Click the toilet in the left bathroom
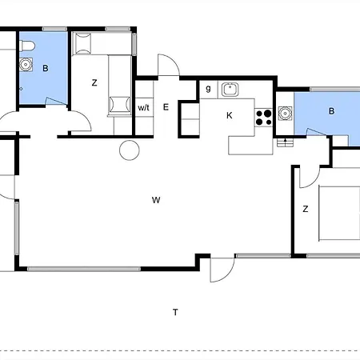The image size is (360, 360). tap(27, 46)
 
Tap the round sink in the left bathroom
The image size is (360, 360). tap(26, 65)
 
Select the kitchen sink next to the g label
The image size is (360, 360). tap(230, 90)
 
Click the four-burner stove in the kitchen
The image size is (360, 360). tap(264, 118)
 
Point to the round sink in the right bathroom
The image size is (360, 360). tap(285, 114)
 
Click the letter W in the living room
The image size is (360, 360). tap(156, 200)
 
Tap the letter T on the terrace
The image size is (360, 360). tap(175, 312)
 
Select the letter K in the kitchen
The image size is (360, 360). tap(229, 115)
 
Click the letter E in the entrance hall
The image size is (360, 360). tap(166, 107)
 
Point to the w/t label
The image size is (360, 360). tap(143, 108)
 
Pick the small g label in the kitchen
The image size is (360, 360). tap(208, 88)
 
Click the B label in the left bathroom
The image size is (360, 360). tap(46, 68)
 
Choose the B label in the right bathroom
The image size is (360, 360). tap(331, 111)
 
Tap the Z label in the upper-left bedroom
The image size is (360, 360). tap(94, 82)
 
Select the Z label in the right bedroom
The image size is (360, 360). tap(306, 209)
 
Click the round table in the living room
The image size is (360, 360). tap(130, 150)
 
